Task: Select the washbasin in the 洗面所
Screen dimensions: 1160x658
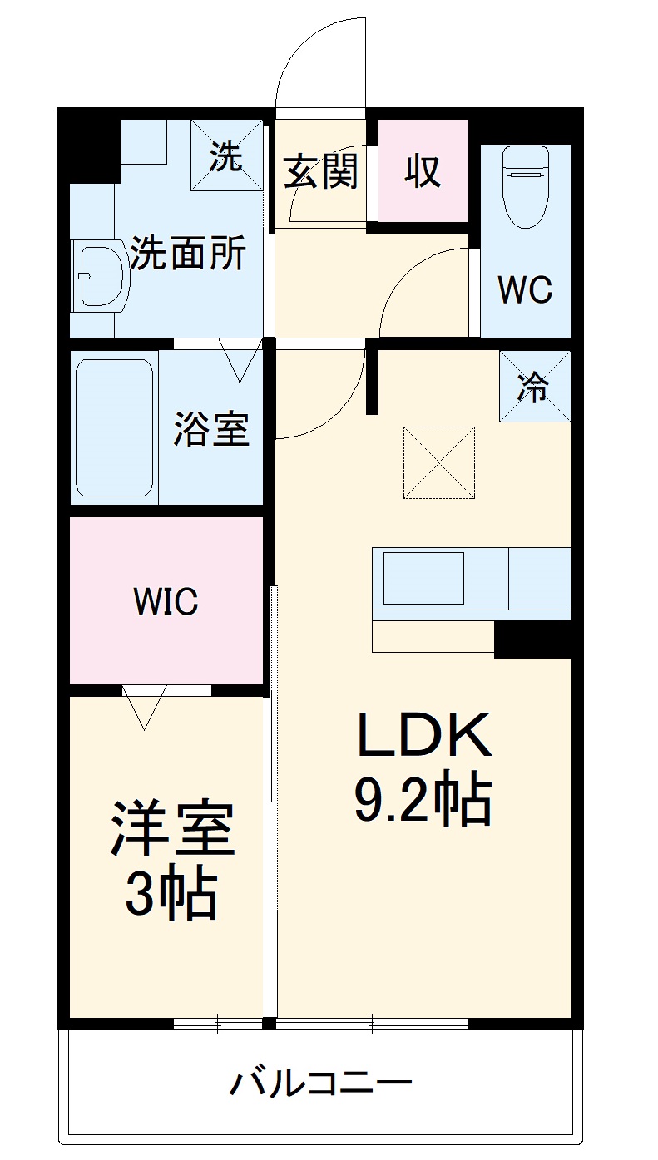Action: click(100, 275)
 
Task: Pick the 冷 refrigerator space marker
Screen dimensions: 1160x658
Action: click(534, 386)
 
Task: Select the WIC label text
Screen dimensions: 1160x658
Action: click(166, 601)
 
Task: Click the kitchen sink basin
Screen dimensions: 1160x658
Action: click(423, 576)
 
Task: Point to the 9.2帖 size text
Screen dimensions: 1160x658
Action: click(423, 800)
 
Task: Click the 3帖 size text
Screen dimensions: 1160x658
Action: click(171, 894)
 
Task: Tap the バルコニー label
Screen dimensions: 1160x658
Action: click(321, 1083)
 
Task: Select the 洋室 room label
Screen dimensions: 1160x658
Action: click(171, 829)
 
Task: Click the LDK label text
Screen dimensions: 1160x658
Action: click(424, 735)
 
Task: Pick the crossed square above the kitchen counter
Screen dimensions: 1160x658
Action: click(438, 462)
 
